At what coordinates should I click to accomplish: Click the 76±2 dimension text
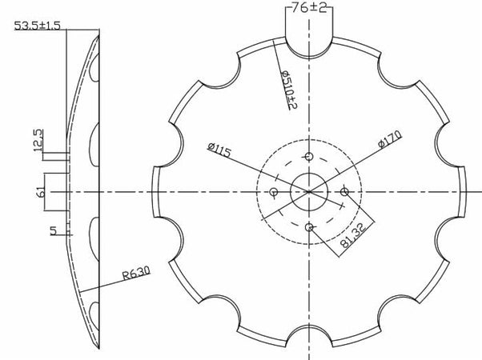click(309, 10)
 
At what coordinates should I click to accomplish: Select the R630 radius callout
click(137, 276)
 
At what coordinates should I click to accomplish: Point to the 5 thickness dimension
click(53, 231)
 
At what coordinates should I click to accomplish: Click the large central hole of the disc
click(309, 191)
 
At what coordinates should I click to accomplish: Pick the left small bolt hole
click(275, 192)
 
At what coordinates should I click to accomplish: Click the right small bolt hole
click(344, 191)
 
